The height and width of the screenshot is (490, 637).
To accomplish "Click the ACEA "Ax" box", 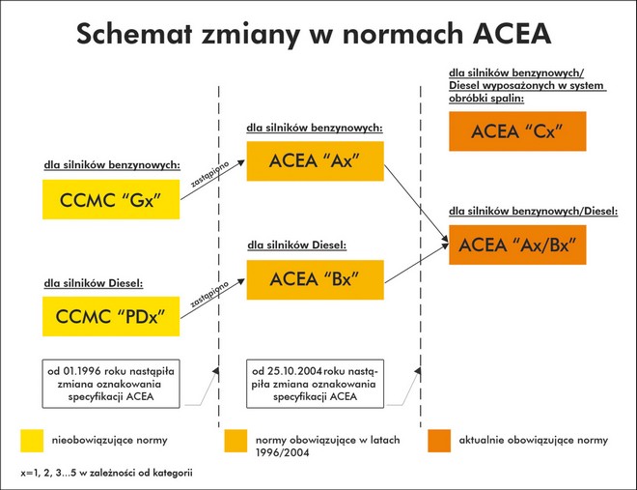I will pos(316,160).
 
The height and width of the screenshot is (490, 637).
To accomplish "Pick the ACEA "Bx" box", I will pos(316,279).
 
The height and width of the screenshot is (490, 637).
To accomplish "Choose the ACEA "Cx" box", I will pos(517,131).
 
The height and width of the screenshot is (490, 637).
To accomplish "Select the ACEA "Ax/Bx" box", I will pos(517,245).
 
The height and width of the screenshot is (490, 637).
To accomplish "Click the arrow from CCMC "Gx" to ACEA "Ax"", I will pos(213,186).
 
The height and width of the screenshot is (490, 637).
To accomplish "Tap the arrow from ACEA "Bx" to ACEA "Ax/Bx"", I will pos(416,258).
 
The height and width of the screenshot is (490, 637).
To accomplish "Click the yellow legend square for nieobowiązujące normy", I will pos(32,441).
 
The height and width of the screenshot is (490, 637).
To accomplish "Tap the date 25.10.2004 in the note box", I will pos(291,370).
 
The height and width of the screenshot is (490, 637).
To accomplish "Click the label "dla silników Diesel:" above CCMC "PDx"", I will pos(93,283).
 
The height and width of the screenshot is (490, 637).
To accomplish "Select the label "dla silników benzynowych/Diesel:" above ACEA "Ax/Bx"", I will pos(533,211).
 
